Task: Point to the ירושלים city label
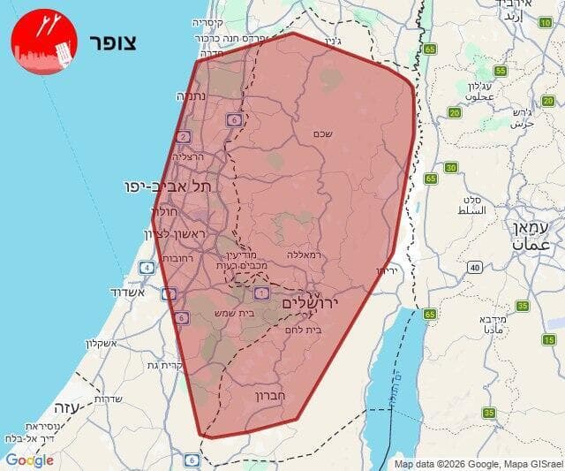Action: (x=312, y=303)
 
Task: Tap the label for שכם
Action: (x=322, y=133)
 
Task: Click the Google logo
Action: (x=29, y=460)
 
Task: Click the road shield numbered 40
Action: (x=474, y=267)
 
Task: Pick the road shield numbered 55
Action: (x=501, y=71)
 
